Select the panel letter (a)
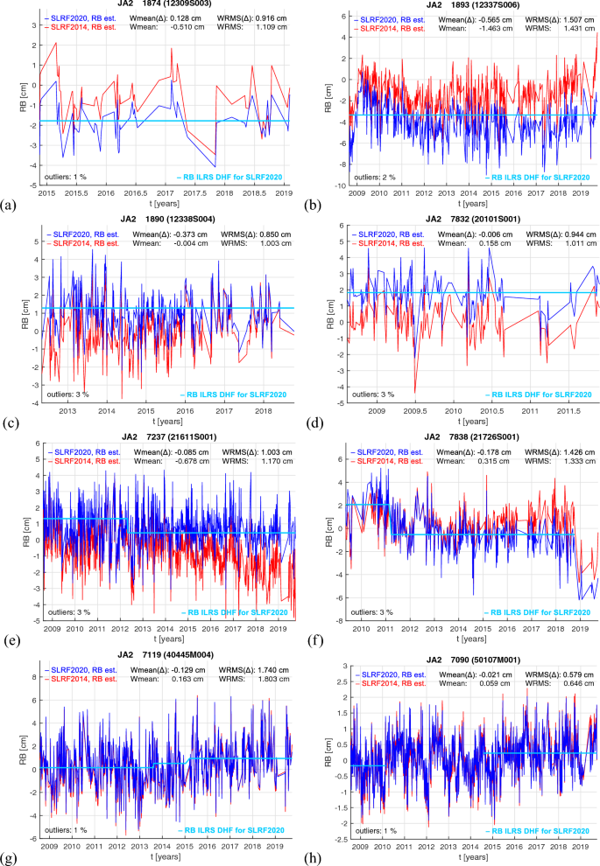tap(10, 206)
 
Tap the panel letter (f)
tap(314, 638)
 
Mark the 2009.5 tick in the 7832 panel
tap(415, 409)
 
